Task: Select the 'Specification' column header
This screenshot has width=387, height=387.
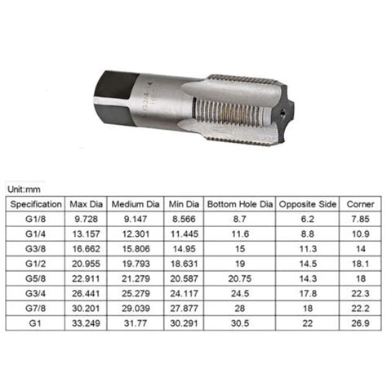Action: click(35, 203)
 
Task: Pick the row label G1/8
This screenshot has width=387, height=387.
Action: click(35, 220)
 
